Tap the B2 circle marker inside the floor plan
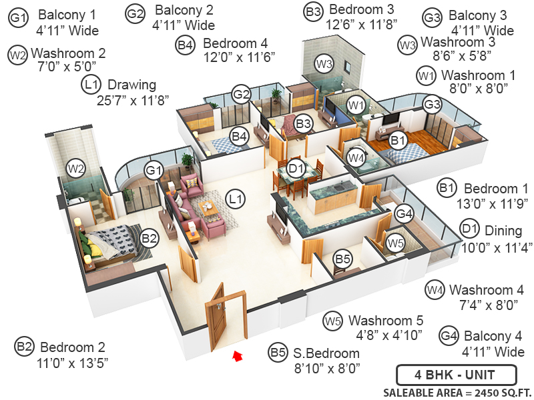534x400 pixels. pos(150,237)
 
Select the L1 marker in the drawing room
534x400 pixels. pos(234,198)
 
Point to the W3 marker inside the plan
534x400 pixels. pos(324,65)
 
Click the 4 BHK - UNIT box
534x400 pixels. pos(455,374)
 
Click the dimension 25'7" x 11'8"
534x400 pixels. pos(133,99)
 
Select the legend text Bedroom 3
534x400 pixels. pos(362,9)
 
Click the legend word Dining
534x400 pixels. pos(503,231)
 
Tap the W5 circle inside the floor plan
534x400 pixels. pos(395,242)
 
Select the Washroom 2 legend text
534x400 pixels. pos(68,53)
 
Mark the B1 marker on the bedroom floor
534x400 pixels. pos(398,141)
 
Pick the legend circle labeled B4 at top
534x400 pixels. pos(185,45)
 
